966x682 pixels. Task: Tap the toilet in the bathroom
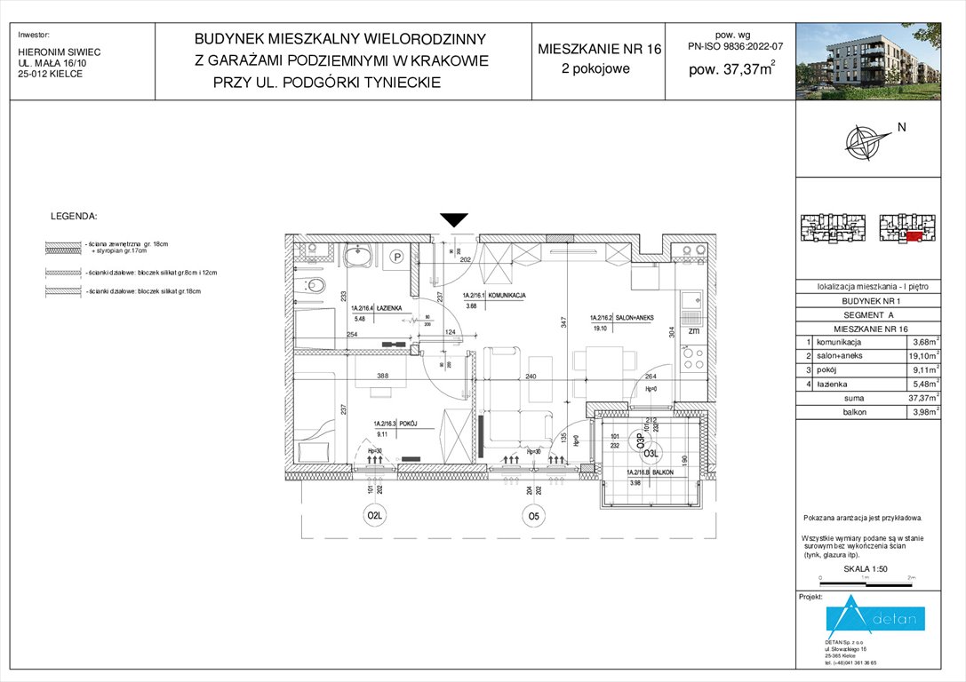(x=314, y=287)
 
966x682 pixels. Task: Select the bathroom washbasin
(x=362, y=258)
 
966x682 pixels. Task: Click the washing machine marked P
(x=397, y=258)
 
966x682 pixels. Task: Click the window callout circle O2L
(x=375, y=514)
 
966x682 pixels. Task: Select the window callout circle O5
(x=532, y=514)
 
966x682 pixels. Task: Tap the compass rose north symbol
(x=862, y=141)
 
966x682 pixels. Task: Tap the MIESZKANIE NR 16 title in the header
(x=600, y=49)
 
